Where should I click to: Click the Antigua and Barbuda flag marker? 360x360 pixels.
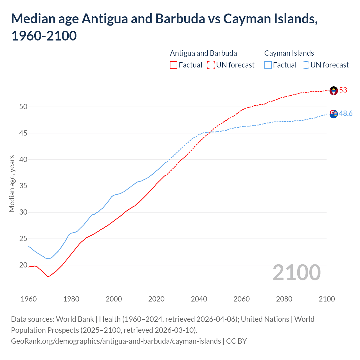click(334, 91)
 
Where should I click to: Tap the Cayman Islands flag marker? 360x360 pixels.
click(334, 114)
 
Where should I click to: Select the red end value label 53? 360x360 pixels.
click(343, 90)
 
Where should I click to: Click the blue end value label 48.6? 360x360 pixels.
click(346, 113)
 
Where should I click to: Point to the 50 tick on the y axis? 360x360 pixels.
click(23, 107)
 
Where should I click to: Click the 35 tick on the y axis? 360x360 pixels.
click(23, 186)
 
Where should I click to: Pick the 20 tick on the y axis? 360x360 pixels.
click(23, 265)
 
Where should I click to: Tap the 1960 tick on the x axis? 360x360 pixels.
click(29, 299)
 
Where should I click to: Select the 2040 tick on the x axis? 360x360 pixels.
click(199, 299)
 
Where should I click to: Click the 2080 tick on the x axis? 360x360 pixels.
click(284, 299)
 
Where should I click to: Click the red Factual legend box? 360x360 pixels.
click(174, 65)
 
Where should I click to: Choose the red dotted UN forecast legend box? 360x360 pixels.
click(211, 65)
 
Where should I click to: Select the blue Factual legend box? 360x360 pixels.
click(268, 65)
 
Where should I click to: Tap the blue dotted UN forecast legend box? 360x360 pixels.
click(305, 65)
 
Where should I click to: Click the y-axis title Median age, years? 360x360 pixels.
click(12, 183)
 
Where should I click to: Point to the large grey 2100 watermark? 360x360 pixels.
click(296, 273)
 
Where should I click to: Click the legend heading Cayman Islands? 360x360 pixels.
click(289, 53)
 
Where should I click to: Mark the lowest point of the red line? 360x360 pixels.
click(48, 276)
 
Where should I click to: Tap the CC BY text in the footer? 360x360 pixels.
click(237, 341)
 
